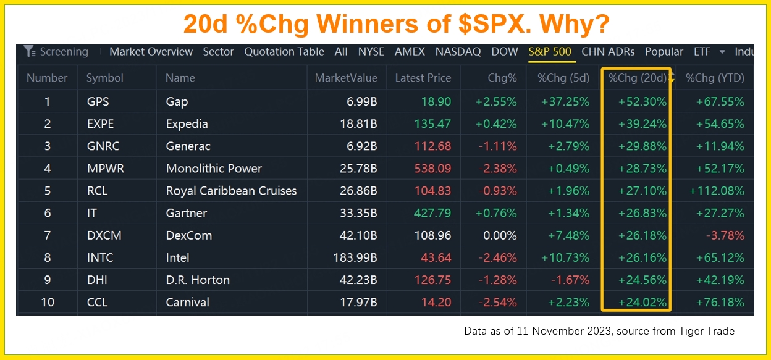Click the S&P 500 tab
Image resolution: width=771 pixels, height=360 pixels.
click(549, 52)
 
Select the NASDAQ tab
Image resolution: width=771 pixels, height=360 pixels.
click(458, 52)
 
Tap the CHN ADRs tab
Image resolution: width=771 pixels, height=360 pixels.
click(609, 52)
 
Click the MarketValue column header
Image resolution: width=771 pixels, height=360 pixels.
click(346, 78)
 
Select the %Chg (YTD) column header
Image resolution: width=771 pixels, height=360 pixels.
click(715, 78)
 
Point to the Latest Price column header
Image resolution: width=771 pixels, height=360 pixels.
click(423, 78)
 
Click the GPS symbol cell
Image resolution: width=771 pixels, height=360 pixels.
click(98, 102)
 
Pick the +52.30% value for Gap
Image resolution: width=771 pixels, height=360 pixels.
click(642, 102)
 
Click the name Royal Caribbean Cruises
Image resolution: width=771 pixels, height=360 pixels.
click(231, 191)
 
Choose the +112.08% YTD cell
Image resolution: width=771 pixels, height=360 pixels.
click(717, 191)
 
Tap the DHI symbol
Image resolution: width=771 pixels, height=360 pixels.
click(97, 280)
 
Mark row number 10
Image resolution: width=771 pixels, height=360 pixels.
click(47, 302)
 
